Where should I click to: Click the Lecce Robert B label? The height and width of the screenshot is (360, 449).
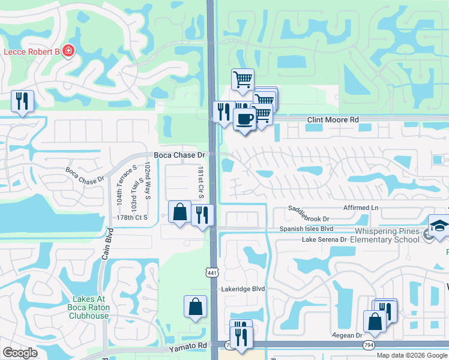(31, 52)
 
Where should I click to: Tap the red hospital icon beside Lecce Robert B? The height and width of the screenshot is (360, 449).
(70, 52)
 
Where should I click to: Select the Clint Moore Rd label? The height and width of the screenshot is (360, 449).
(333, 120)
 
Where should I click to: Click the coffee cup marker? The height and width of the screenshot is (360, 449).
(244, 119)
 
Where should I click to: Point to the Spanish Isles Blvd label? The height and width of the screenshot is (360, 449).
(306, 229)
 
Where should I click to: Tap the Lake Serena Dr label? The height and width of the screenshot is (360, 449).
(325, 239)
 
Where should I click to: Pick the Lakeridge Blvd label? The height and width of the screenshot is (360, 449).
(243, 289)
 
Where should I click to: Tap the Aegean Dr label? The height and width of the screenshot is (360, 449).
(346, 336)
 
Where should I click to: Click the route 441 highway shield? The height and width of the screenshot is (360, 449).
(212, 271)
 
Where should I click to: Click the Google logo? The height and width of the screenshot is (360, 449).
(20, 353)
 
